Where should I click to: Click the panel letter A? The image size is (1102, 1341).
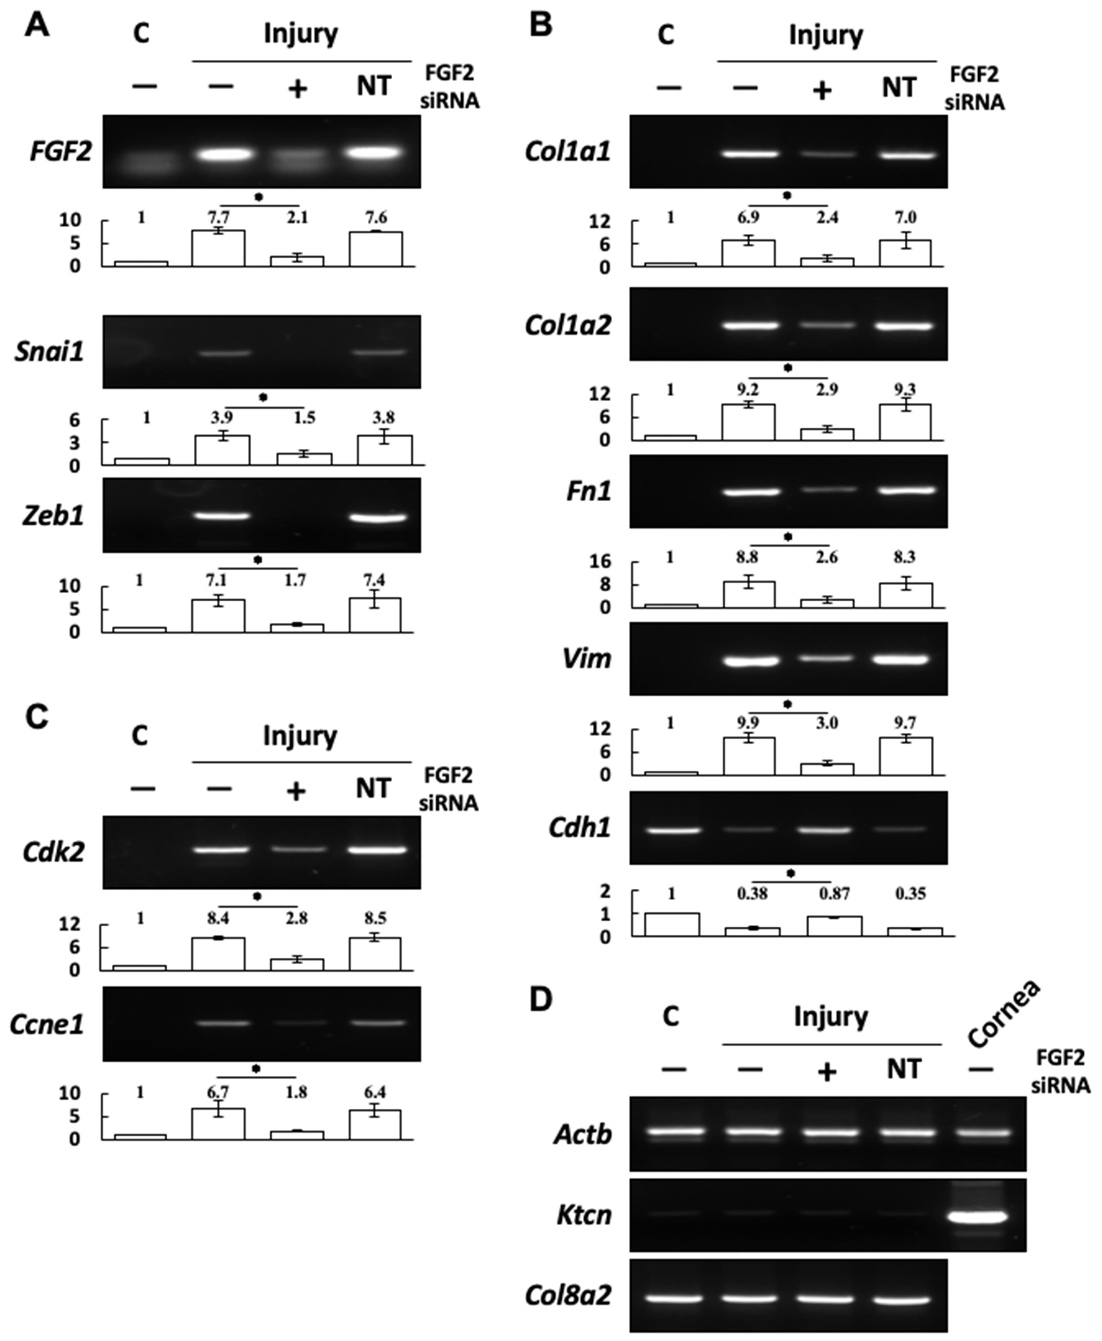tap(37, 27)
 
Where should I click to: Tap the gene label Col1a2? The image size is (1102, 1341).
tap(567, 326)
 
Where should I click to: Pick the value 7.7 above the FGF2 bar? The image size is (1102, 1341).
tap(218, 218)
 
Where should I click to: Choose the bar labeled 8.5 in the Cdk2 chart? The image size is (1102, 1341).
tap(375, 954)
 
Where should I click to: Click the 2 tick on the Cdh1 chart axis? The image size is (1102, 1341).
tap(604, 892)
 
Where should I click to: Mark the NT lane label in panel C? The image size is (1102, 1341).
tap(373, 788)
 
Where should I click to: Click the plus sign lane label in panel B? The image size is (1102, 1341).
tap(823, 91)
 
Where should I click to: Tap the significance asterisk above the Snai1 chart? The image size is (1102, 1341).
tap(263, 397)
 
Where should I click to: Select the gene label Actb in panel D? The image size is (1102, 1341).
tap(583, 1134)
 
